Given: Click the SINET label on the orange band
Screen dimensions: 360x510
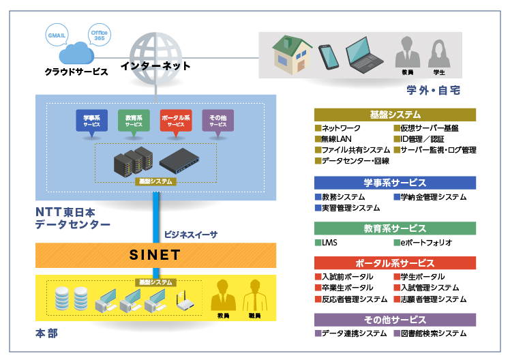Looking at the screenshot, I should click(x=155, y=256).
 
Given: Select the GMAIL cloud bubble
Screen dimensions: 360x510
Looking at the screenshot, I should click(x=55, y=33).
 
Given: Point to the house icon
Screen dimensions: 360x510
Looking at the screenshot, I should click(x=292, y=55).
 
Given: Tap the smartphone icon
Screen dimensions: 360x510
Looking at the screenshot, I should click(x=329, y=56).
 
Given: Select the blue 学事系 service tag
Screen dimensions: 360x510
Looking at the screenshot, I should click(x=92, y=121).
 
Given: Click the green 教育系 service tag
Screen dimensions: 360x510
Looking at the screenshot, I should click(x=134, y=121).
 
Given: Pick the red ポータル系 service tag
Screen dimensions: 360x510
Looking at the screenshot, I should click(x=176, y=121).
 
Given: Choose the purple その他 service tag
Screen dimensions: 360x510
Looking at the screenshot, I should click(x=217, y=121).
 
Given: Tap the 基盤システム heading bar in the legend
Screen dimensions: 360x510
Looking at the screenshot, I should click(x=395, y=115).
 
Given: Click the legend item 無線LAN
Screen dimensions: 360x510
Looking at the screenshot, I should click(x=338, y=139).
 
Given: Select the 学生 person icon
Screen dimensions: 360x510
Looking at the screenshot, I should click(x=438, y=54).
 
